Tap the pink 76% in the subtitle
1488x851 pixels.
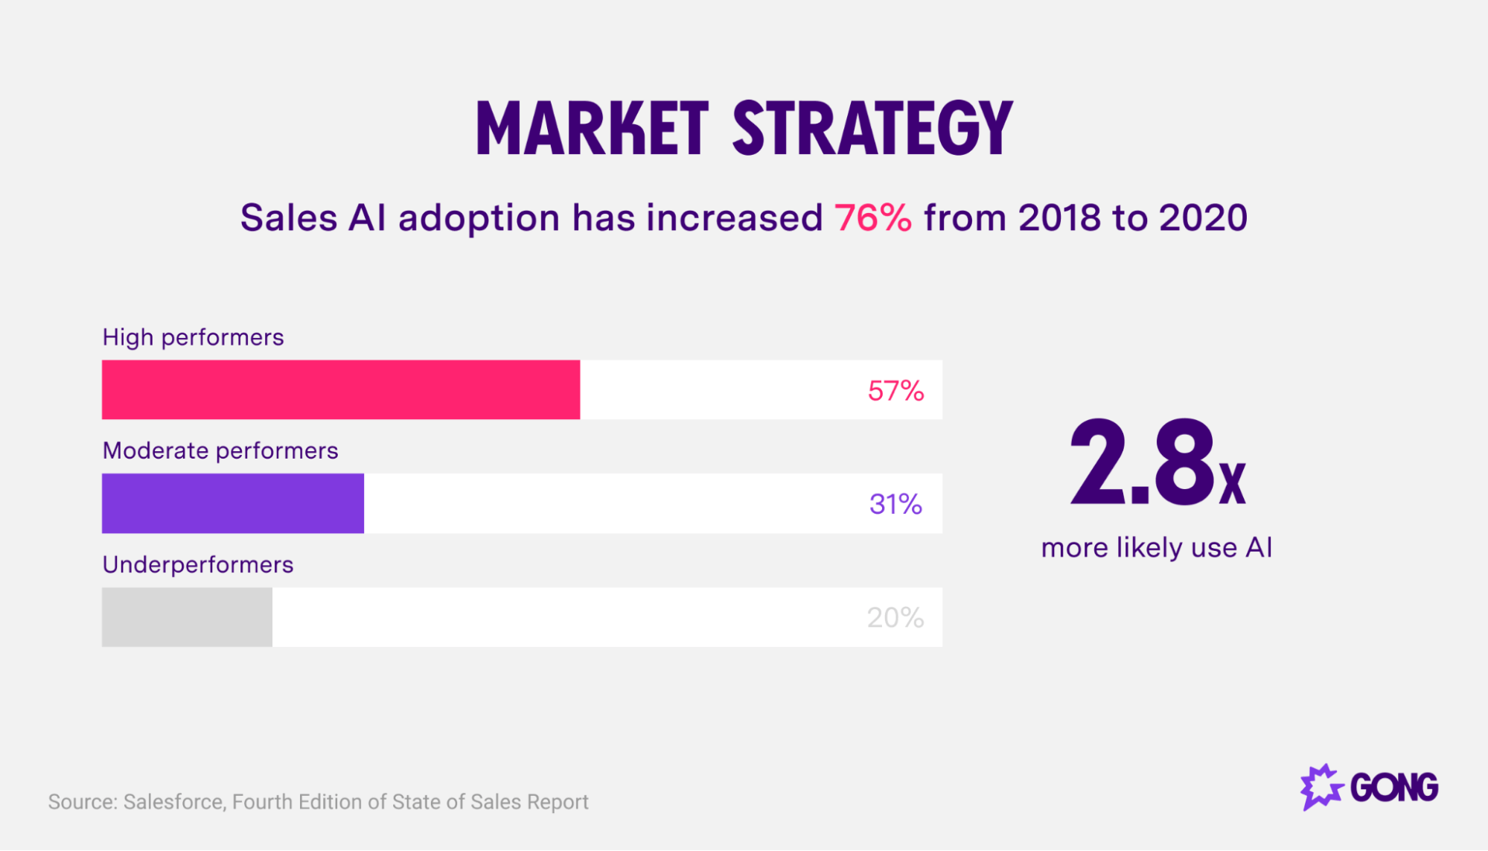pos(872,218)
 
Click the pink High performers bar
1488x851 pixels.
pos(341,389)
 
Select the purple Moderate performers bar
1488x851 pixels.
pos(233,503)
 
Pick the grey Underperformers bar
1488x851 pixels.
pos(187,617)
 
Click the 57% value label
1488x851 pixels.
pos(895,391)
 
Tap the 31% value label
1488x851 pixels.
pos(895,505)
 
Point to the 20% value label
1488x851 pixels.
pos(895,618)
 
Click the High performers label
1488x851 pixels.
pos(193,337)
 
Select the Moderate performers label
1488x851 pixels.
pos(220,450)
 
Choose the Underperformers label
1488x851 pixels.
pos(198,564)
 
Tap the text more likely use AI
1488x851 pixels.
pos(1156,548)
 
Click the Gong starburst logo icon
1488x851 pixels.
pos(1321,787)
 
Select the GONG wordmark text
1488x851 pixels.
pos(1394,788)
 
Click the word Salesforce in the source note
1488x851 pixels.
pos(174,802)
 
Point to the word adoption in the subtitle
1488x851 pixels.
pos(479,218)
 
